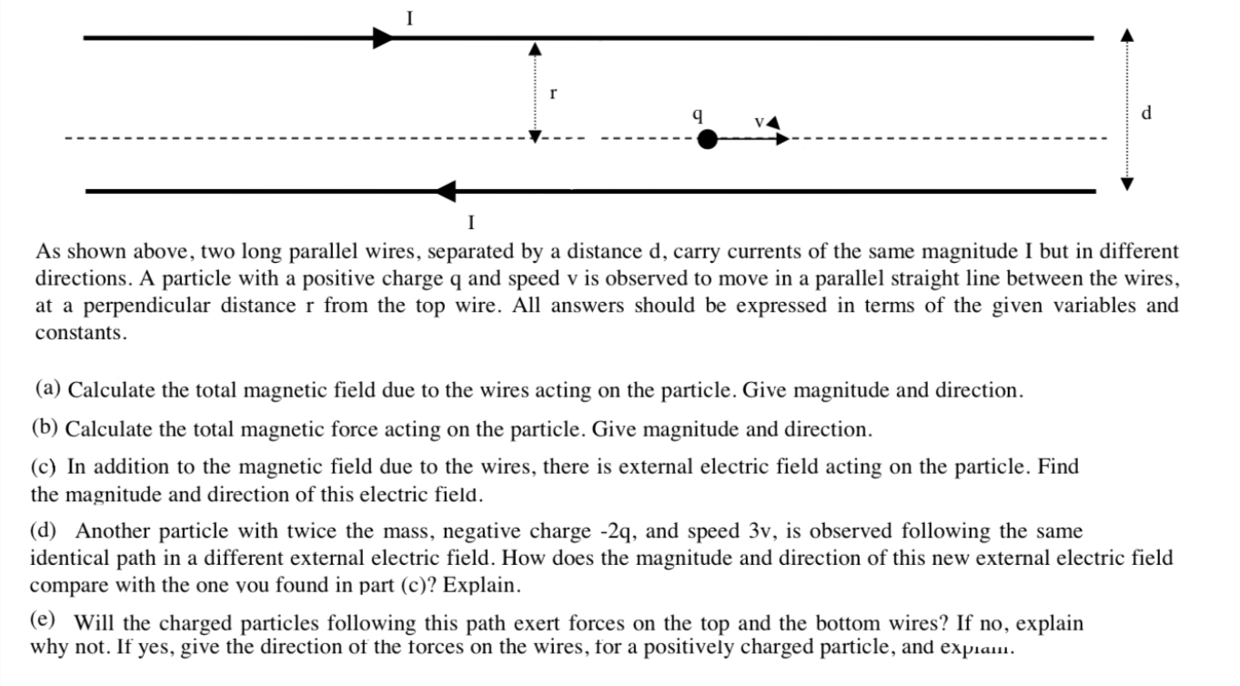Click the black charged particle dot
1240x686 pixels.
point(707,140)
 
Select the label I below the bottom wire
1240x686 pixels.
point(470,222)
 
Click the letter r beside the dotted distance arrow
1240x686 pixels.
point(553,93)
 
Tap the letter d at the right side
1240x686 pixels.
point(1145,113)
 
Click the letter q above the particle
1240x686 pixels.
point(697,116)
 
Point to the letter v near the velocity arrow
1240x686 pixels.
point(758,122)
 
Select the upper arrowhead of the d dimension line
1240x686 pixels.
point(1127,35)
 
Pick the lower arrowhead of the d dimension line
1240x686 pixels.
point(1127,184)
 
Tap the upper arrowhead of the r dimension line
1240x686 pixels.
point(536,47)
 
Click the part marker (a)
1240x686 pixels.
point(48,390)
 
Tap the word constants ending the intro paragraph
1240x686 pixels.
point(79,333)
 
